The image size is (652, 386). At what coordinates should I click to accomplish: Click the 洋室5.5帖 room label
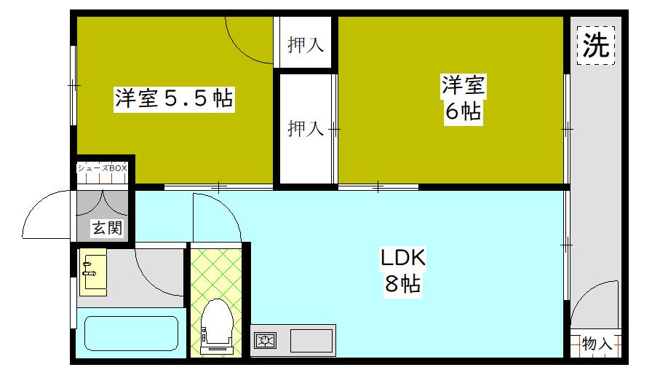[x=172, y=99]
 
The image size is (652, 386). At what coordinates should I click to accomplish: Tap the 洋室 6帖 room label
[x=462, y=99]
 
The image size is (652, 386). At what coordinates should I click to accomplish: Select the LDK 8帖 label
[x=402, y=270]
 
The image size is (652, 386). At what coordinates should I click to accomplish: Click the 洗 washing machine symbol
[x=596, y=46]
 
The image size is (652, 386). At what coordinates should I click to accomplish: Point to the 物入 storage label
[x=597, y=344]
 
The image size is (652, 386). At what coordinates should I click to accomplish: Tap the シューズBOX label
[x=103, y=168]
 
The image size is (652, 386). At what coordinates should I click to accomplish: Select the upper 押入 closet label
[x=305, y=45]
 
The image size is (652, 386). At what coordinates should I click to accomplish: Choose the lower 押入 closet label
[x=305, y=129]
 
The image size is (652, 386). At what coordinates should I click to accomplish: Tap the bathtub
[x=131, y=334]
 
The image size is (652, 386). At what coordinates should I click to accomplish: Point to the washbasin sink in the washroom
[x=93, y=272]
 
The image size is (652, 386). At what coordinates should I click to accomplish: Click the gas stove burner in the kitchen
[x=265, y=340]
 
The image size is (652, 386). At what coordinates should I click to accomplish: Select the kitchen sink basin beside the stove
[x=311, y=340]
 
